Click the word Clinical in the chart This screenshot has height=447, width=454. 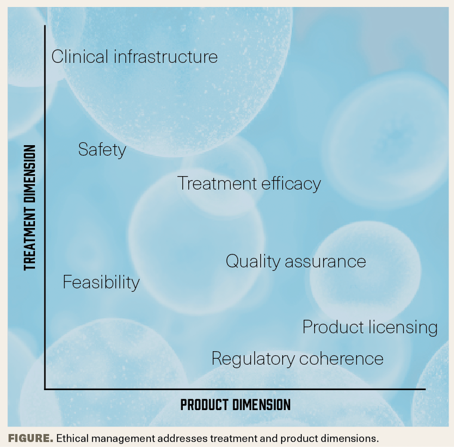click(x=80, y=56)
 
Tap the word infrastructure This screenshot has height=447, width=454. click(x=166, y=56)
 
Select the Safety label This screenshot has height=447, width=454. click(x=102, y=150)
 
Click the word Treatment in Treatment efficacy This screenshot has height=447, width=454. click(x=217, y=183)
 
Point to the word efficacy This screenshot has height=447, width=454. click(x=291, y=184)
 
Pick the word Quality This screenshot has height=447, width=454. click(x=253, y=262)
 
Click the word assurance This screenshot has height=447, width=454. click(x=326, y=262)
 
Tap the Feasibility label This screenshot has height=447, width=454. click(x=101, y=282)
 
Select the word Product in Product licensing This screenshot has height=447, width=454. click(x=333, y=327)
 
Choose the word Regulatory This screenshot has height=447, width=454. click(x=253, y=359)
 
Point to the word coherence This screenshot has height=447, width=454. click(x=341, y=359)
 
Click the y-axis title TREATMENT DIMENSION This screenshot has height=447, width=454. click(x=30, y=208)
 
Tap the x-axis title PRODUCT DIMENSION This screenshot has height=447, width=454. click(x=235, y=405)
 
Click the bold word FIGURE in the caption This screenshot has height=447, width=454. click(x=30, y=439)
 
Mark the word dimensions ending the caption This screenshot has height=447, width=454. click(x=349, y=439)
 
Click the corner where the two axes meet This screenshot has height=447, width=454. click(x=45, y=389)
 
